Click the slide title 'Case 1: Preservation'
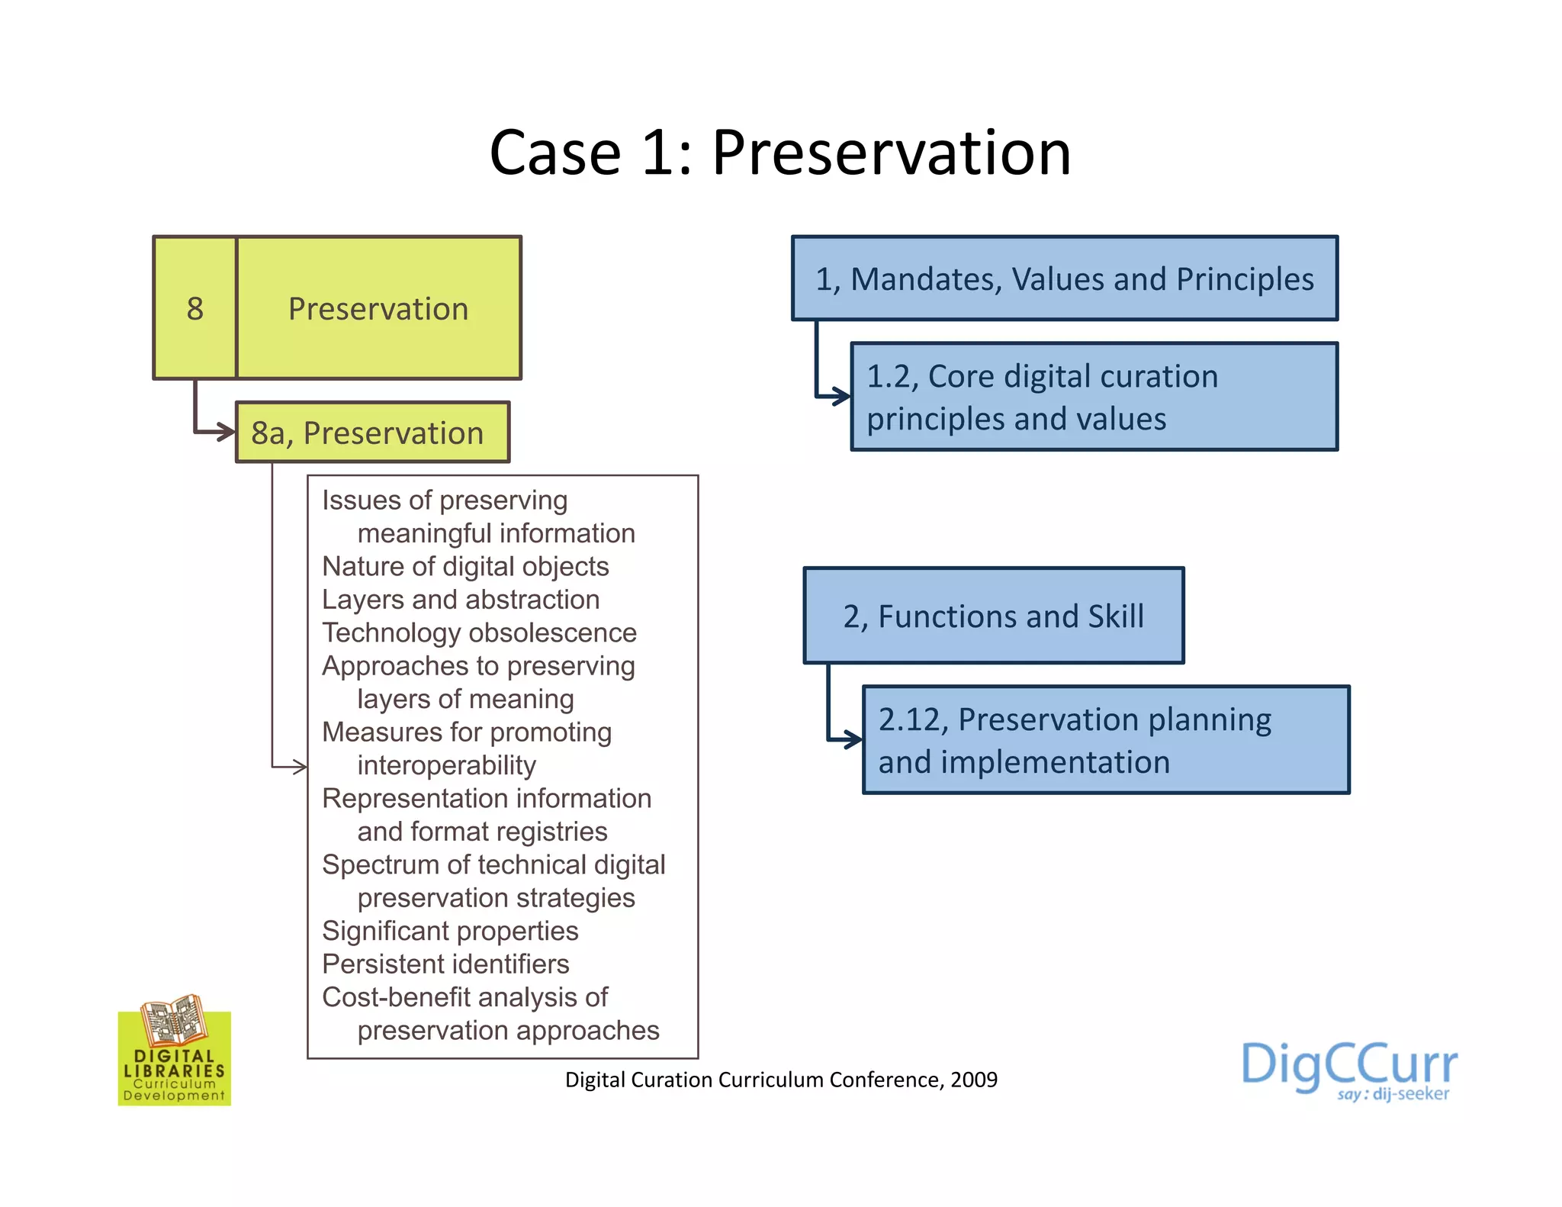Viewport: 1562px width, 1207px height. pos(779,153)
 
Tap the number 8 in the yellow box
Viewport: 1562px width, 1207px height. pos(195,309)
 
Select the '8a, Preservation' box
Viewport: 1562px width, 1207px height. pos(372,433)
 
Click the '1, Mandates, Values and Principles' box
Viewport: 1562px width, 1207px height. pos(1065,278)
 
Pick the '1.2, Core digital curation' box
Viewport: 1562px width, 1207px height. pos(1094,397)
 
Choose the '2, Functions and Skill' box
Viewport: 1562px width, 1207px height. pos(993,616)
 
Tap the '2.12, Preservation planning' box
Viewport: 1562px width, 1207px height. pos(1105,740)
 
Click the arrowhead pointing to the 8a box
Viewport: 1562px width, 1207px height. pos(227,433)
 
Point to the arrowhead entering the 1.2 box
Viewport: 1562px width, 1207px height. pos(842,396)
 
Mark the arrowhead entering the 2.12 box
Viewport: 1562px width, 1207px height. pos(854,739)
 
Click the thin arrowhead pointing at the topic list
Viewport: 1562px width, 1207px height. pos(301,766)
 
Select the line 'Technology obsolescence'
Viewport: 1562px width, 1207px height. pos(479,632)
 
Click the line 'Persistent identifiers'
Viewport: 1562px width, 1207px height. pos(445,964)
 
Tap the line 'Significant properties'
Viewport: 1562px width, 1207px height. pos(450,931)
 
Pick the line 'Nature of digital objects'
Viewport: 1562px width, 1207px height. pos(465,566)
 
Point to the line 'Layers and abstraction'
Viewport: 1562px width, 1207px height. pos(461,600)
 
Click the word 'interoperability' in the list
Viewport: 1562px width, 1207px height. pos(446,765)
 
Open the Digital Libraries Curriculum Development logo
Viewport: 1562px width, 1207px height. pos(175,1051)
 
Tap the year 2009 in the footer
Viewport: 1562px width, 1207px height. pos(974,1080)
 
